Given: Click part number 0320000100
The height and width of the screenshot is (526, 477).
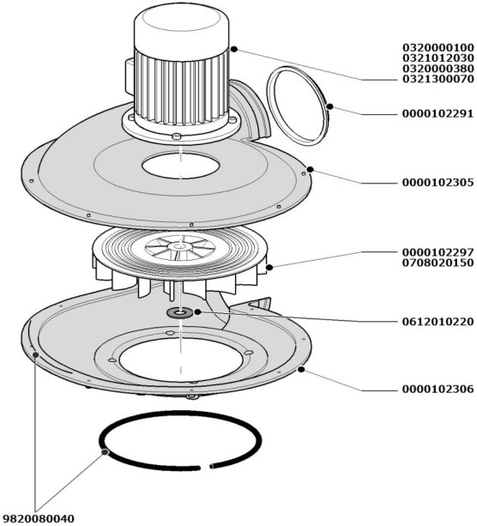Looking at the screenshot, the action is [x=438, y=47].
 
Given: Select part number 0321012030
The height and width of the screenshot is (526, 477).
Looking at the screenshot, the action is [x=438, y=57].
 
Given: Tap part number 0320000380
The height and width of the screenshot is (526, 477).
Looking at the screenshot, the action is [x=438, y=69].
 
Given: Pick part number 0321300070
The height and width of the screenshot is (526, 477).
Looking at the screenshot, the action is [x=438, y=79].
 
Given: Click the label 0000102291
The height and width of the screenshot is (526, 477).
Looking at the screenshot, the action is [x=438, y=114].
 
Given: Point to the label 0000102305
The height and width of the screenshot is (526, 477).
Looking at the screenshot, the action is [x=438, y=183].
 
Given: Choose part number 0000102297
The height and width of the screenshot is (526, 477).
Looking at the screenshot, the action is [x=438, y=252].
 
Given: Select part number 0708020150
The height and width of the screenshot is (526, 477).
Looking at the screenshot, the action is [x=438, y=263].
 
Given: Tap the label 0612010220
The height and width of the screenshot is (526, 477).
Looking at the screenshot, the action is [x=438, y=322].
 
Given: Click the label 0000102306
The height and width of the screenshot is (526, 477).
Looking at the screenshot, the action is [x=438, y=389].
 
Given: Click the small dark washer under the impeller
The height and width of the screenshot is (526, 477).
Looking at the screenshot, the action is [x=180, y=313].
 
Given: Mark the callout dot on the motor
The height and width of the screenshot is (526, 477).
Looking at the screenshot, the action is [x=234, y=49].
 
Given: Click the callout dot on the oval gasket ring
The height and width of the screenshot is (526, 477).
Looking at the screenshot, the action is [x=329, y=106].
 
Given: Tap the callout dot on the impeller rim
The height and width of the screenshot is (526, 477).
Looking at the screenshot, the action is [x=269, y=268].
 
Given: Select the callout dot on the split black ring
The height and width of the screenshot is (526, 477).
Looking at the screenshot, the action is [x=105, y=452].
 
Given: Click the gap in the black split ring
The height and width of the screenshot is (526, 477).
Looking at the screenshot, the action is [x=205, y=467].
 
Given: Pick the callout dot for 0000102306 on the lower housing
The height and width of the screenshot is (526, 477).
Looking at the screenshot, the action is [x=301, y=369].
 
